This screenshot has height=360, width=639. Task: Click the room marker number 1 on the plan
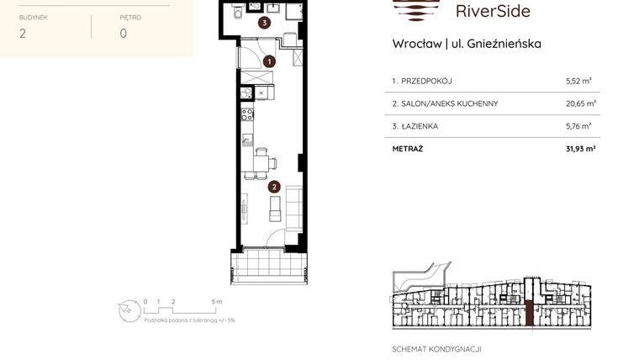tap(269, 61)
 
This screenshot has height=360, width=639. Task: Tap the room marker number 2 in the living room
tap(274, 187)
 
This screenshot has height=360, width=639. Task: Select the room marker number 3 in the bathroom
tap(264, 24)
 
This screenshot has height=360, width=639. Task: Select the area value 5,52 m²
tap(578, 82)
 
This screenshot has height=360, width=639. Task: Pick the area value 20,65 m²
tap(579, 103)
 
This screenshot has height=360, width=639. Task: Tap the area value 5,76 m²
tap(578, 126)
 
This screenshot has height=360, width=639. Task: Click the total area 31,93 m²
tap(578, 148)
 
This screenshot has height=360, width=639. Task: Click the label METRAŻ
tap(408, 148)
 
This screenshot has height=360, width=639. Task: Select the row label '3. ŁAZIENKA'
tap(415, 126)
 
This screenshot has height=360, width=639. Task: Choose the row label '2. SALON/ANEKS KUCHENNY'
tap(445, 103)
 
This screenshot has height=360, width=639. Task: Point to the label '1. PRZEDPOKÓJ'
tap(422, 82)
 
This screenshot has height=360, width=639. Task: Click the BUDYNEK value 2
tap(22, 34)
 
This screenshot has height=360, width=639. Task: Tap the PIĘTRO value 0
tap(123, 34)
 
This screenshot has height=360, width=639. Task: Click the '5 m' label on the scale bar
tap(217, 301)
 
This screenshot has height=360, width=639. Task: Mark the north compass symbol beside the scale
tap(126, 309)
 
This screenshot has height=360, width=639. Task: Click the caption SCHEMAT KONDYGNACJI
tap(436, 349)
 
